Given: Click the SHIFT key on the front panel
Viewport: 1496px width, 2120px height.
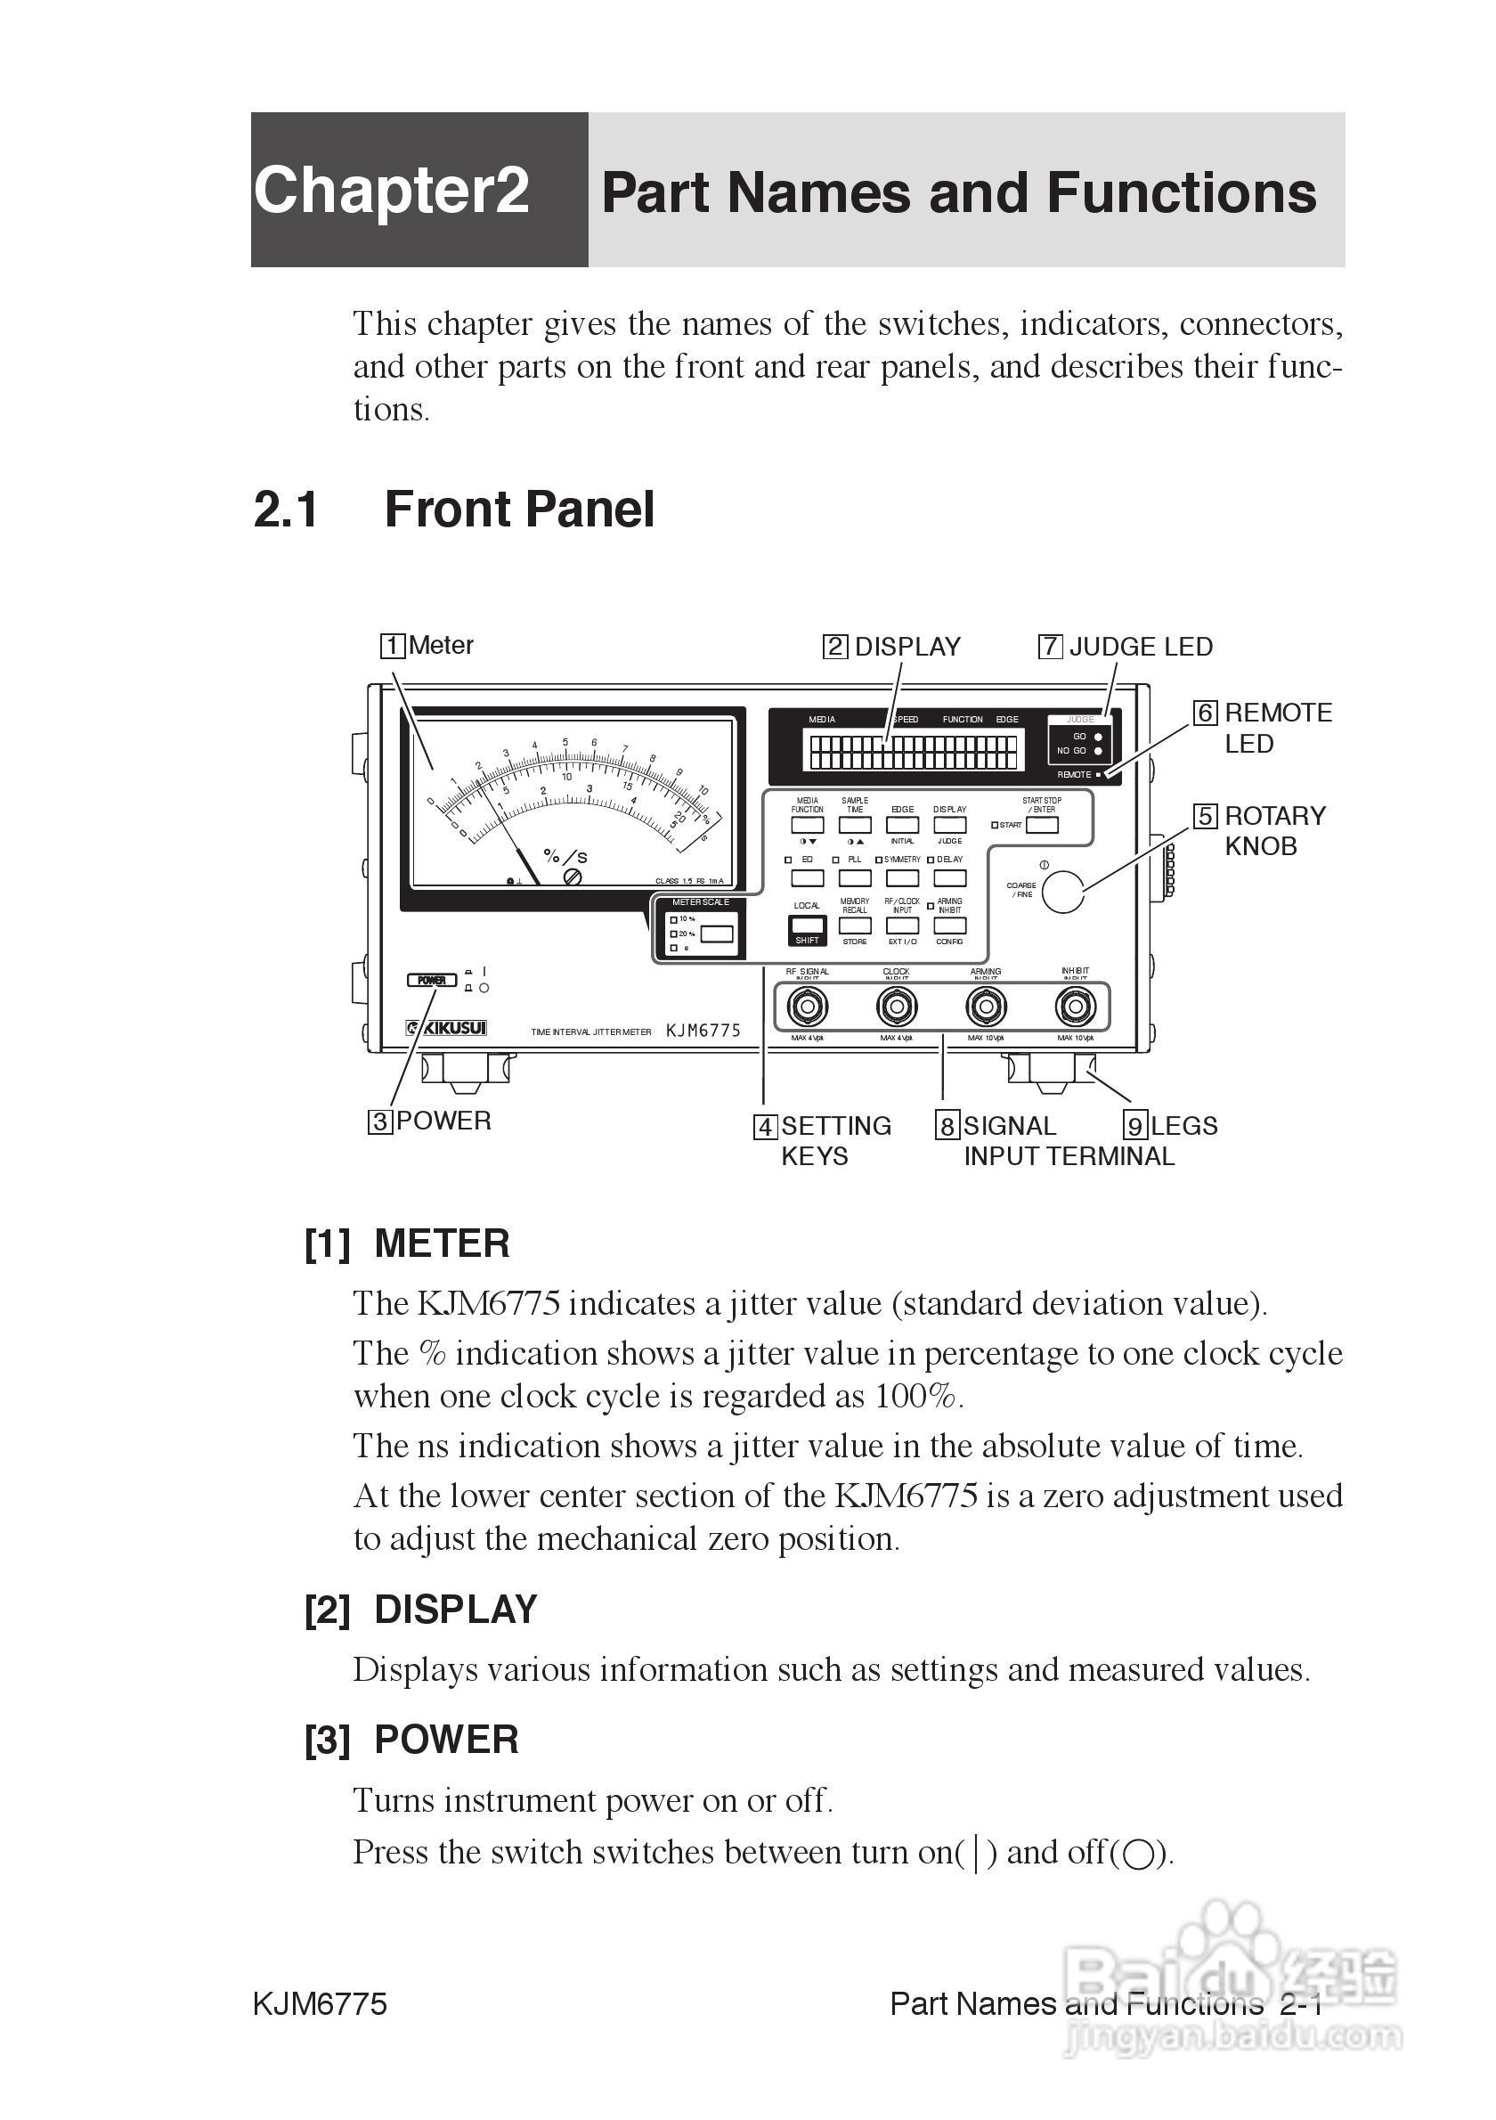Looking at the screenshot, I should pyautogui.click(x=807, y=929).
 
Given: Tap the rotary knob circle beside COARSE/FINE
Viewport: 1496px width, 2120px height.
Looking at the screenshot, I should pyautogui.click(x=1062, y=891).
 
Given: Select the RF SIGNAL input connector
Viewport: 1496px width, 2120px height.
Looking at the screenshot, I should pyautogui.click(x=807, y=1006).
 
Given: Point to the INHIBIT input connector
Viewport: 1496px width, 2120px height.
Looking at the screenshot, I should pyautogui.click(x=1075, y=1006).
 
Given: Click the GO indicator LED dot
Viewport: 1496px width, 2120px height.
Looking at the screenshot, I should pyautogui.click(x=1097, y=737).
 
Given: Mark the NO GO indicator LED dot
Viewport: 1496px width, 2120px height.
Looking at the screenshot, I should pyautogui.click(x=1097, y=751).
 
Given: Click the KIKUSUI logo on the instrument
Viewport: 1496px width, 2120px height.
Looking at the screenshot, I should pyautogui.click(x=447, y=1028).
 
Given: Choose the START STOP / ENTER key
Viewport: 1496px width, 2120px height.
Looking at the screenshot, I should pyautogui.click(x=1042, y=825).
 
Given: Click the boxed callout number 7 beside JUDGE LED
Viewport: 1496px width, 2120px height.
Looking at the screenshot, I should pyautogui.click(x=1050, y=647).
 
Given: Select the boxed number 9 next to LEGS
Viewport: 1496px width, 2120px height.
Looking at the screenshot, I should pyautogui.click(x=1135, y=1126).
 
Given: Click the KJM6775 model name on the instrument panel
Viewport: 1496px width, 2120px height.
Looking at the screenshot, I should pyautogui.click(x=703, y=1031).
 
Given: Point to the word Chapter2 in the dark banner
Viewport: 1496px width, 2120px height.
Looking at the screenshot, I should pyautogui.click(x=391, y=191).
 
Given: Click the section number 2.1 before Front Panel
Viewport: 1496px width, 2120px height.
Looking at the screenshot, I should pyautogui.click(x=286, y=510).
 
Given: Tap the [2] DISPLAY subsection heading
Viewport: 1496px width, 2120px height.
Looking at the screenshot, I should pyautogui.click(x=421, y=1610).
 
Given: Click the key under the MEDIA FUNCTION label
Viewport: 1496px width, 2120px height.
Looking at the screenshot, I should pyautogui.click(x=807, y=825).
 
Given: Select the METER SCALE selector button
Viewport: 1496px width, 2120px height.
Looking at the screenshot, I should pyautogui.click(x=717, y=934).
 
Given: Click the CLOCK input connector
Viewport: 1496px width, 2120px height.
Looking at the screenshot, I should pyautogui.click(x=896, y=1006).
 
